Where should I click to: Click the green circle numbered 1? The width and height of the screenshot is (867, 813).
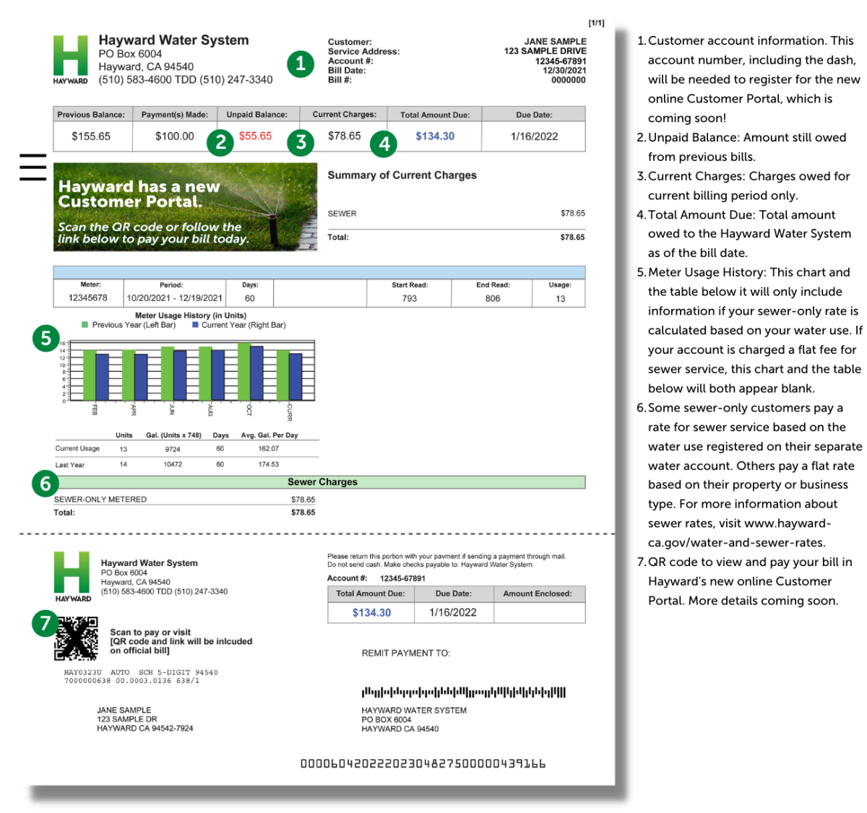(x=301, y=64)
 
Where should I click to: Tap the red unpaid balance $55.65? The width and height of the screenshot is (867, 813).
(x=255, y=136)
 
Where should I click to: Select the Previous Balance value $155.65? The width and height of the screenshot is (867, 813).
(x=91, y=136)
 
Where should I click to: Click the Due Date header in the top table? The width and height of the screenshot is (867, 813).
(x=534, y=115)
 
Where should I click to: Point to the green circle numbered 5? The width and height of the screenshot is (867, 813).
(x=46, y=338)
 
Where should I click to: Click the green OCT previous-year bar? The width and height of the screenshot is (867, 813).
(x=244, y=371)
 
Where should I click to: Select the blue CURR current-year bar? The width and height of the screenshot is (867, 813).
(x=296, y=376)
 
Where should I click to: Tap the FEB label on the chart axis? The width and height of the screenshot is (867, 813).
(x=95, y=410)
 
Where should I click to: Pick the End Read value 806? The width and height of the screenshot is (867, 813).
(x=493, y=298)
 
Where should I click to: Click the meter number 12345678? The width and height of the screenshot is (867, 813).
(x=87, y=298)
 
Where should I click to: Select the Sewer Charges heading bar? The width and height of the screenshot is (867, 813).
(x=322, y=482)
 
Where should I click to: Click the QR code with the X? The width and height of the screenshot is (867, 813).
(x=77, y=638)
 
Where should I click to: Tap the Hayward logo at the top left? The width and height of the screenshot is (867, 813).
(x=70, y=58)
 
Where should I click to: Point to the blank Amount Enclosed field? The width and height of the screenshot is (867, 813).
(x=539, y=612)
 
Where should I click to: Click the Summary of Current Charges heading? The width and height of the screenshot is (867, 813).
(x=402, y=175)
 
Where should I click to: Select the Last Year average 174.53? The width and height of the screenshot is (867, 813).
(x=269, y=464)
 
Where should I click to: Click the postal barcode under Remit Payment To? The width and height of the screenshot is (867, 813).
(x=463, y=692)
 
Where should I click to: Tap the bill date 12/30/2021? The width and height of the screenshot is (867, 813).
(x=564, y=71)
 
